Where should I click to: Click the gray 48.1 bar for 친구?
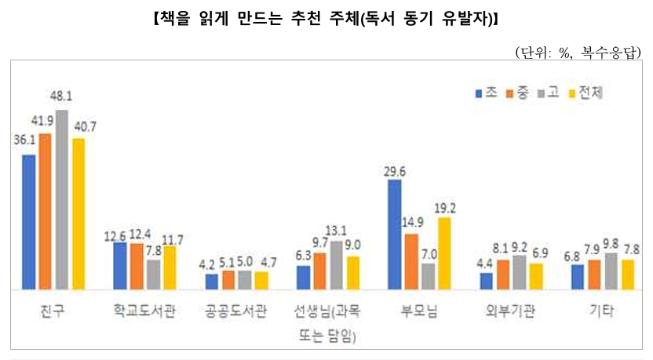click(61, 200)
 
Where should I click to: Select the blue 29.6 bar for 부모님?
click(394, 235)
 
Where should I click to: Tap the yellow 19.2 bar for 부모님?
click(445, 253)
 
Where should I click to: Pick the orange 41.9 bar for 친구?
click(45, 211)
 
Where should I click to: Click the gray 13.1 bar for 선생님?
click(336, 265)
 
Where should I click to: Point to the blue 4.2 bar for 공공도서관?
click(212, 282)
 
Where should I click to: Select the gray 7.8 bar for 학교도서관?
click(153, 275)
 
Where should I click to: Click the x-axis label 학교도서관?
click(144, 311)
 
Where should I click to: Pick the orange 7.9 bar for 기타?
click(595, 275)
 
